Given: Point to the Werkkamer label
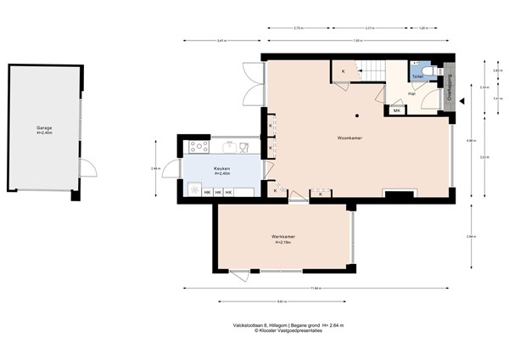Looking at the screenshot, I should (x=283, y=239).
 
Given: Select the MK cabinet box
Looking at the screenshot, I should (x=396, y=110).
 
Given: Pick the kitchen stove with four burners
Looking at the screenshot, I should (x=199, y=147).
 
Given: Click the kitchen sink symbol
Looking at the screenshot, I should (x=244, y=147).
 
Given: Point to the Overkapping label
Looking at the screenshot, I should (x=450, y=88).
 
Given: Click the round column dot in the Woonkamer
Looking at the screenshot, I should (x=358, y=115).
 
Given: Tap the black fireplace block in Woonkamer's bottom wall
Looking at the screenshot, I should (x=397, y=194).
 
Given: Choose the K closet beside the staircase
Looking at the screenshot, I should (x=343, y=71).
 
